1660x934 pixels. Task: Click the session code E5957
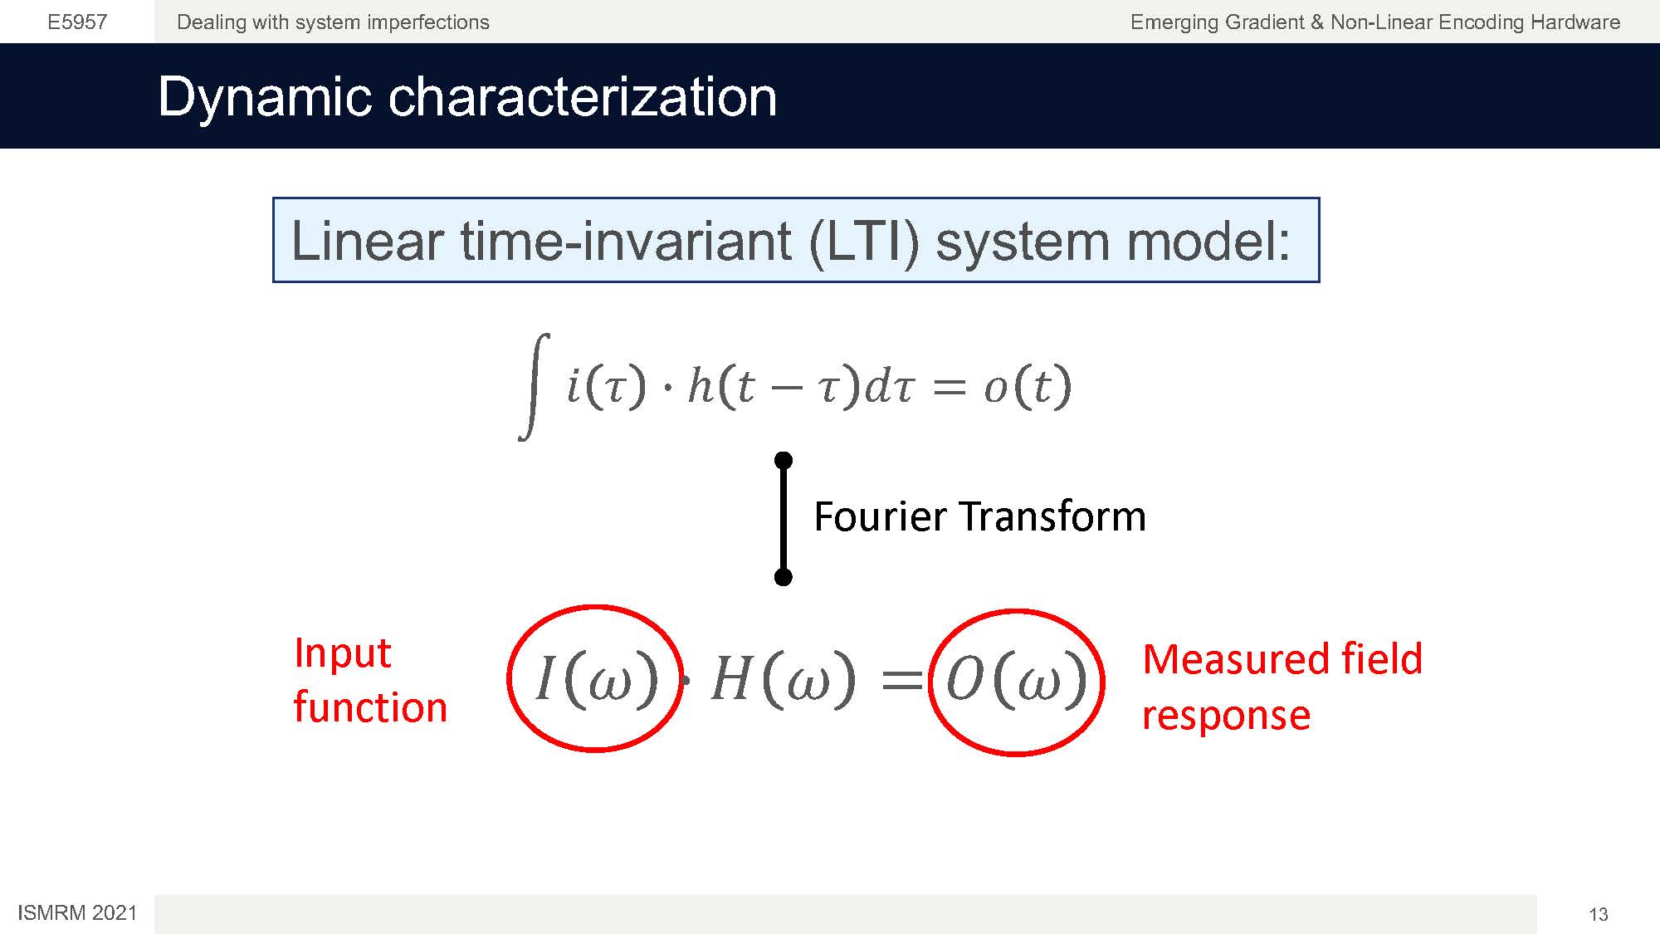(77, 22)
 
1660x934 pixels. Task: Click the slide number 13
(1599, 914)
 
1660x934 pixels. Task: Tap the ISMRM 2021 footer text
(77, 913)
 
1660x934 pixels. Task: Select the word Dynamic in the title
(265, 97)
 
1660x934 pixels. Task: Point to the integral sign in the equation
(534, 387)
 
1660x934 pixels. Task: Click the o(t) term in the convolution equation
(1028, 387)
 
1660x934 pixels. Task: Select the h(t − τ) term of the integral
(773, 387)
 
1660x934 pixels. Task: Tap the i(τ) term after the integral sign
(606, 387)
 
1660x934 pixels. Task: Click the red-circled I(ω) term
(596, 678)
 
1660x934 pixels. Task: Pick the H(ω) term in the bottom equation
(783, 678)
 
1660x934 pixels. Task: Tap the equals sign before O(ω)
(901, 680)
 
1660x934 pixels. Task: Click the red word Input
(342, 653)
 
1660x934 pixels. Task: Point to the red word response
(1226, 715)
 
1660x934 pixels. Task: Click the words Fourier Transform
(979, 516)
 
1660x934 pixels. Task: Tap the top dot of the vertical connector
(783, 460)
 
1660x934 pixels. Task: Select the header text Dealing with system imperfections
(333, 22)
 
